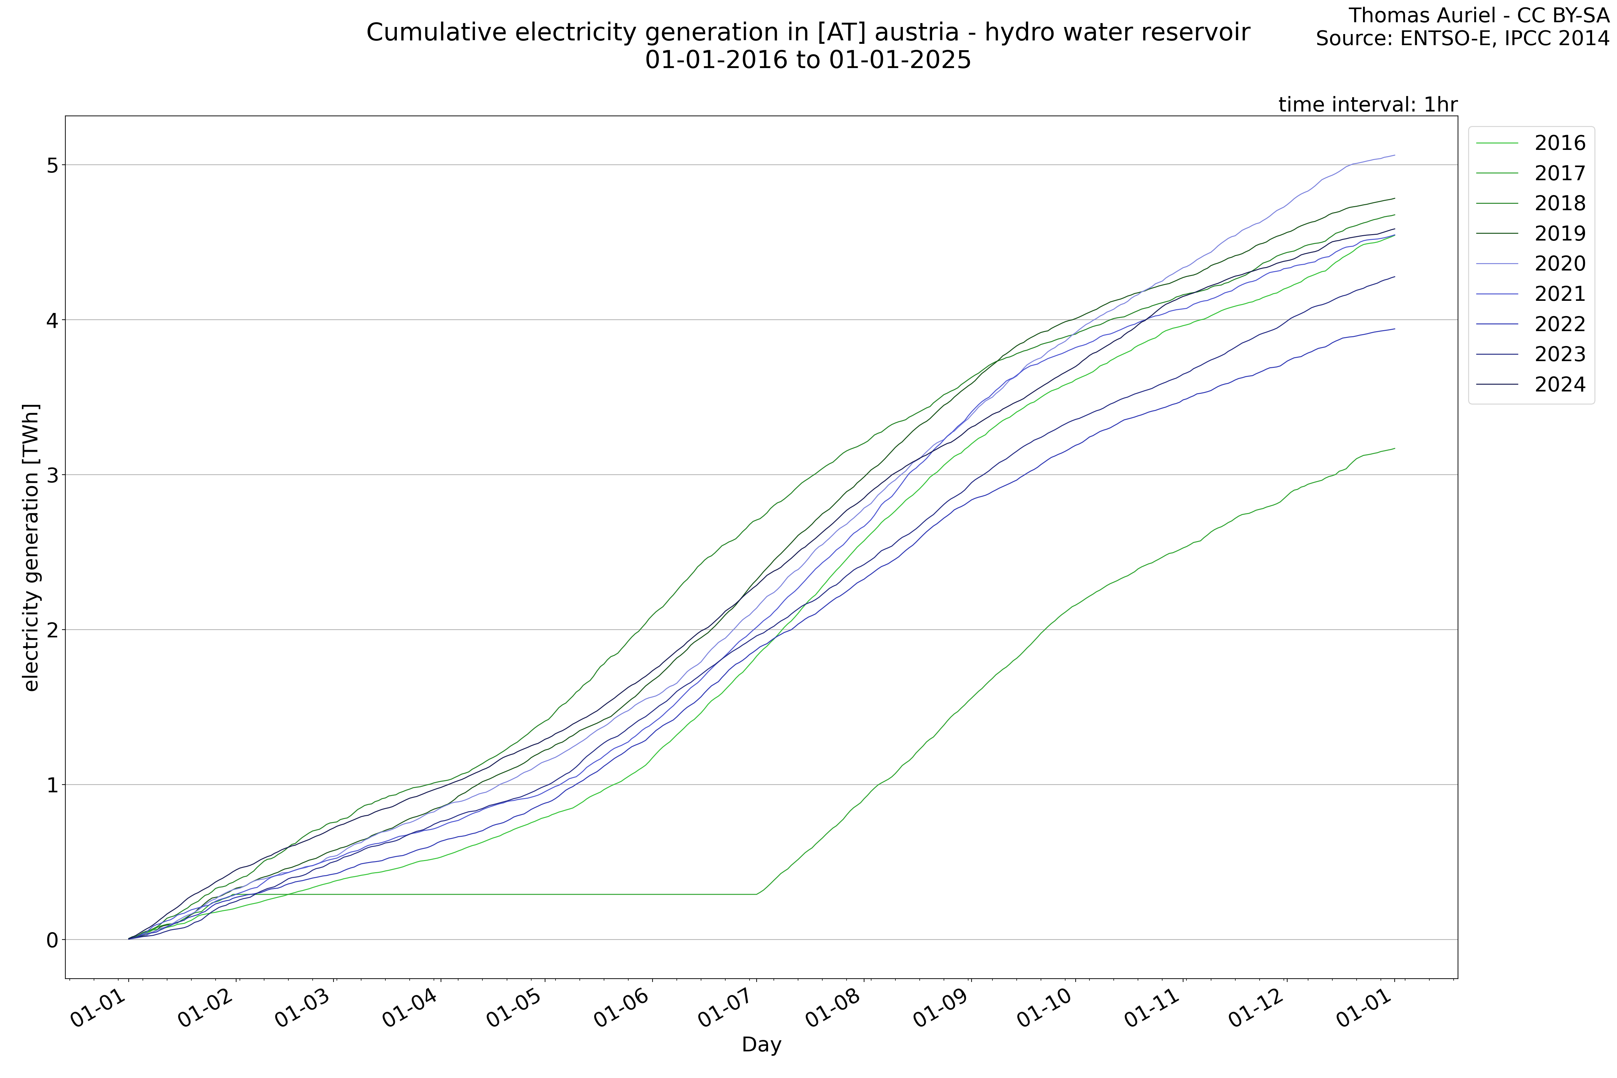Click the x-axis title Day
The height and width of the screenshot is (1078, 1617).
tap(761, 1045)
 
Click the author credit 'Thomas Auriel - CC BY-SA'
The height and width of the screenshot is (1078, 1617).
tap(1478, 15)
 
